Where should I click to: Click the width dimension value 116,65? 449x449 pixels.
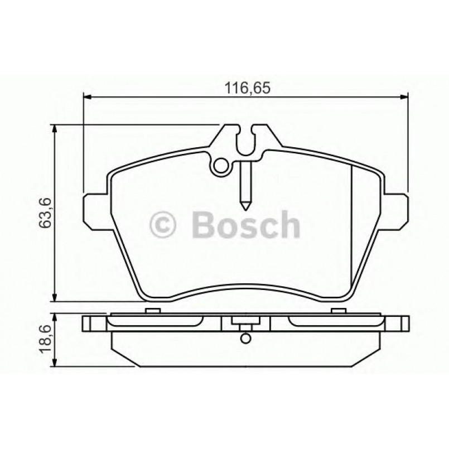(246, 88)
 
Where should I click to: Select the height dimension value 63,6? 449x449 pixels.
(46, 213)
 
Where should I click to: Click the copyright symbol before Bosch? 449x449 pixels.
(163, 225)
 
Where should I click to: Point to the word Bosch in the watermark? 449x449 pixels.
(245, 225)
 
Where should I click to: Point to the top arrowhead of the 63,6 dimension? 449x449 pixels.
(54, 128)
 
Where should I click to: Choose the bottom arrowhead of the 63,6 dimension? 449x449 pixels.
(54, 298)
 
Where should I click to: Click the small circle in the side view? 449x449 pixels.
(245, 339)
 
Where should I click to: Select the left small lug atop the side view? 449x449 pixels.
(151, 311)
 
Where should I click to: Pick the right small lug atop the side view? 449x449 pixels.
(339, 311)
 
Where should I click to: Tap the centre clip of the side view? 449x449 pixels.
(245, 324)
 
